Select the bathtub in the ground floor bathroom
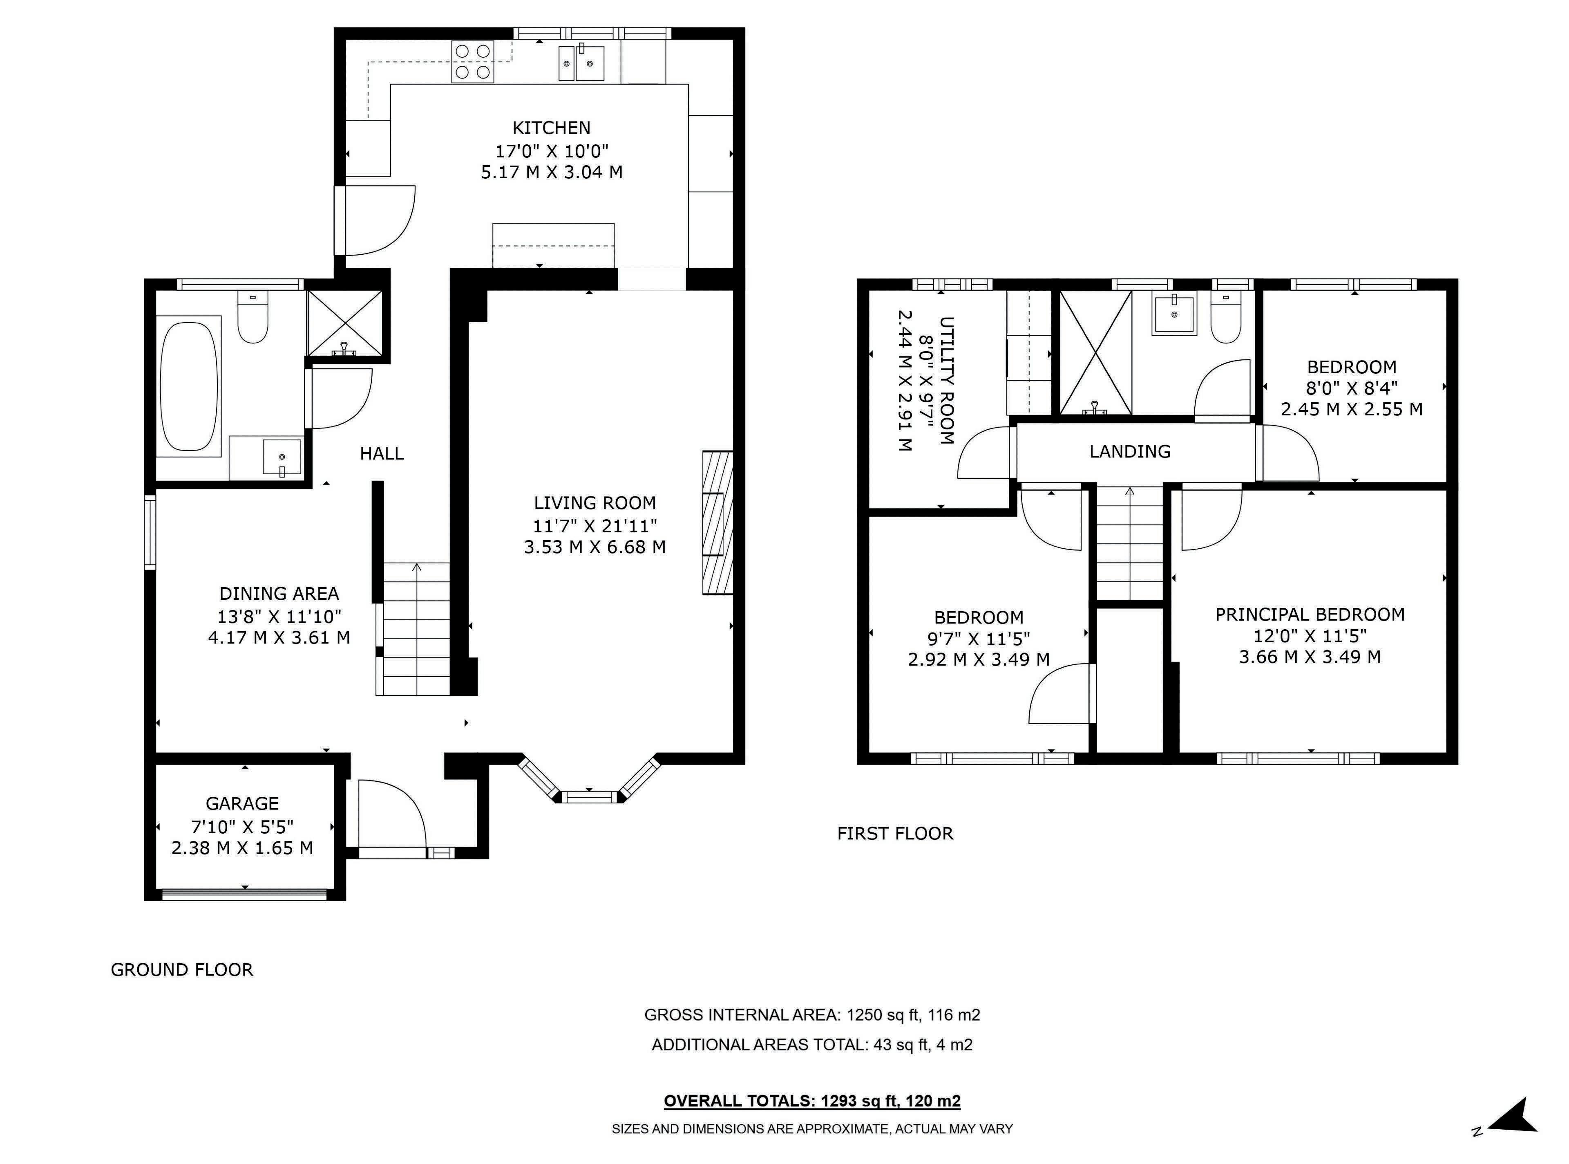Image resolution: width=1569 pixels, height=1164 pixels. (189, 386)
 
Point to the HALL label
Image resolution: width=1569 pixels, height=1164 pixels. (382, 454)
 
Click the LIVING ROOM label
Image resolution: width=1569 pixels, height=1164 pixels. (595, 503)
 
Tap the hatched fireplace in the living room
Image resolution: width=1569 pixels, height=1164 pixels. (717, 522)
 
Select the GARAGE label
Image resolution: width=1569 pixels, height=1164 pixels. (242, 804)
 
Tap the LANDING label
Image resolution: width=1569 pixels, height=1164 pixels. (1130, 452)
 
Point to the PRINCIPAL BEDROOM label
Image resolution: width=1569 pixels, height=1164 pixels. (1310, 615)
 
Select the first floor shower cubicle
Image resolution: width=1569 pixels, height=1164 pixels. (1096, 352)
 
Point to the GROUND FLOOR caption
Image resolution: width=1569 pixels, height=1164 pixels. (182, 969)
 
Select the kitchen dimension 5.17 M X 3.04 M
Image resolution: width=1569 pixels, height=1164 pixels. (552, 172)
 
